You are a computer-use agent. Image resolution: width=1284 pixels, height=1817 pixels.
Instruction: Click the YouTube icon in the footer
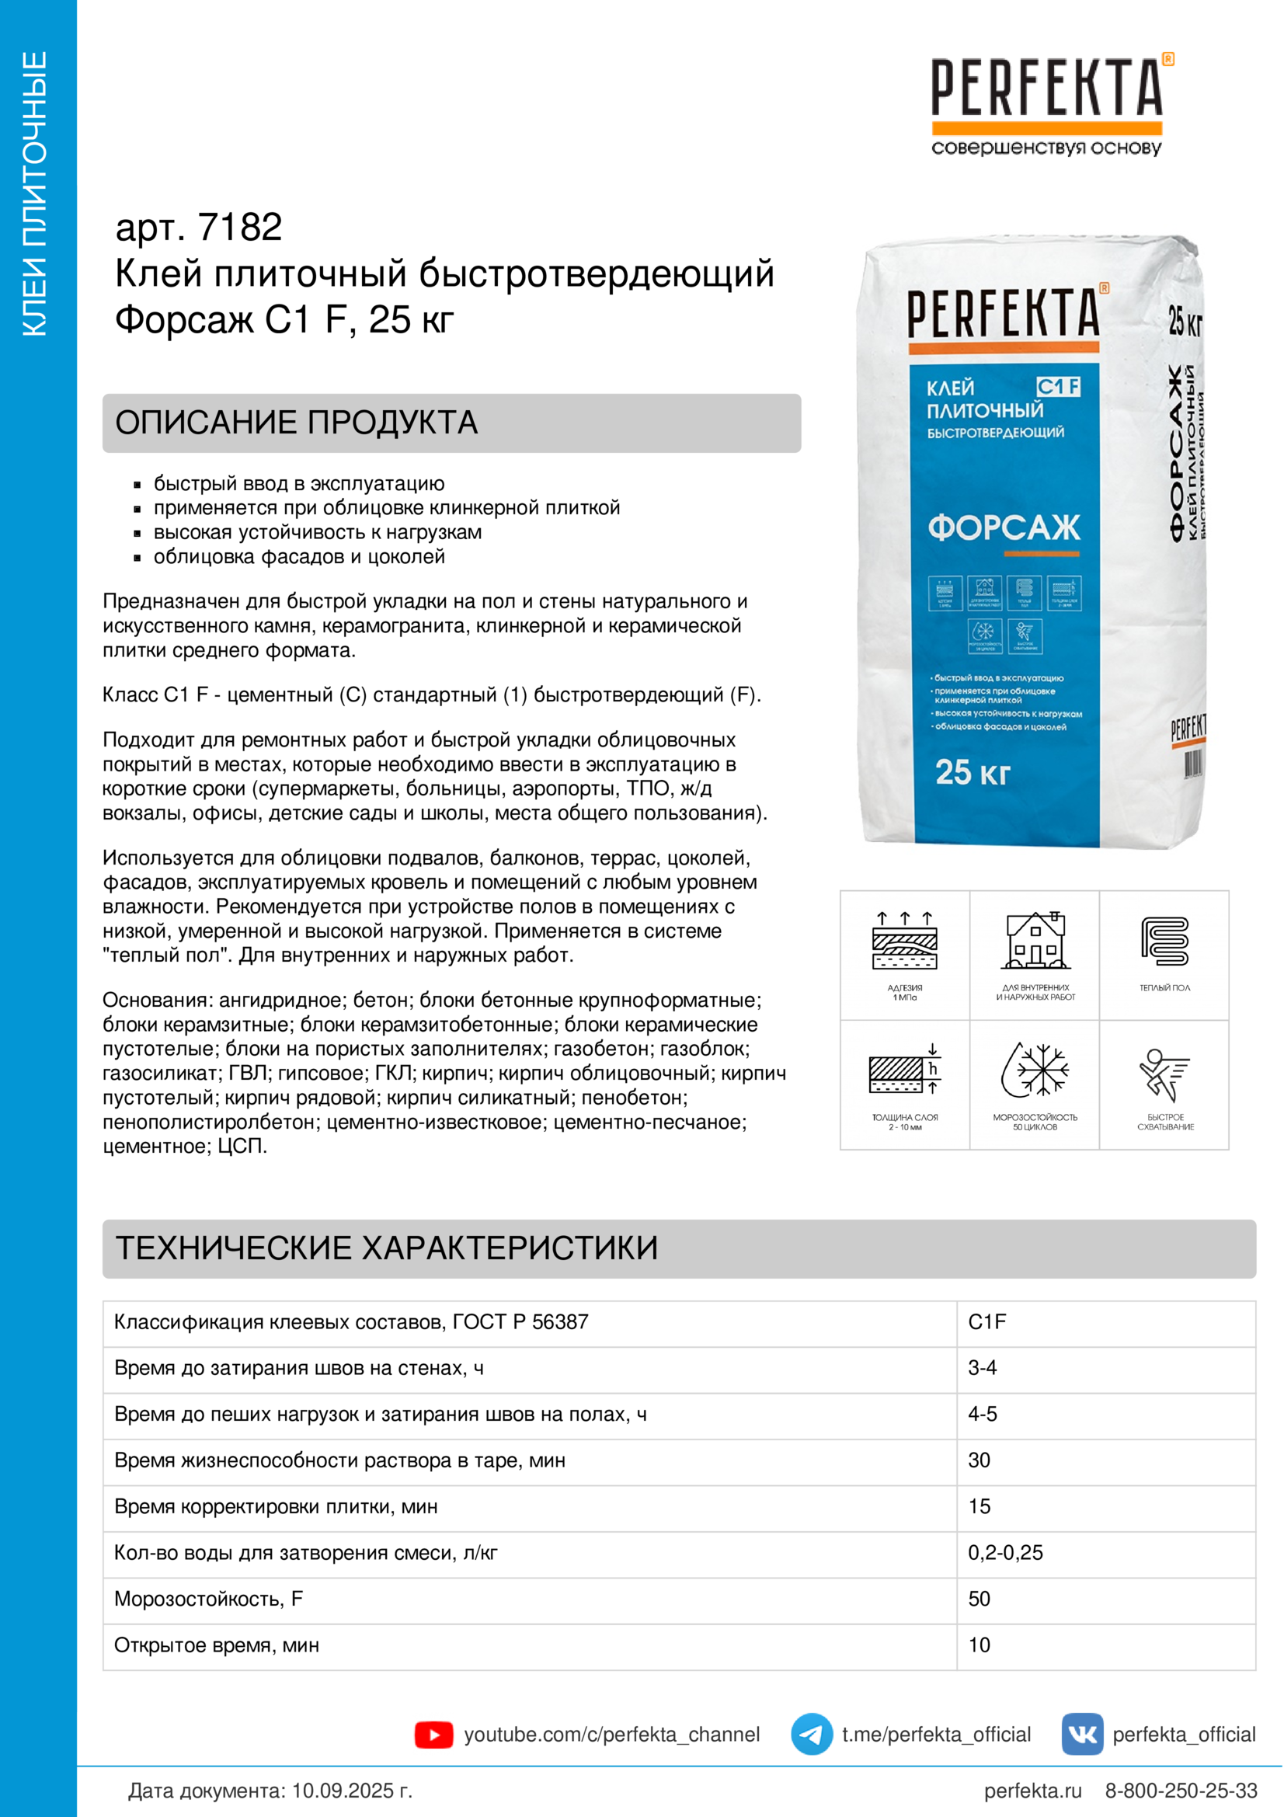tap(433, 1735)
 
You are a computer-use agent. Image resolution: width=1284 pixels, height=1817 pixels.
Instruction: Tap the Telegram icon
tap(811, 1734)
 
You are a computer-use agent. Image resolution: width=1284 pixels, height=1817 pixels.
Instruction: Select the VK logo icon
tap(1081, 1734)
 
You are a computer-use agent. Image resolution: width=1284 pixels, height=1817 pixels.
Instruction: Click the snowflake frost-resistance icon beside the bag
tap(1035, 1070)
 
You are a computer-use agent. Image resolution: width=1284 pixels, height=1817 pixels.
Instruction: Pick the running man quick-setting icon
tap(1164, 1074)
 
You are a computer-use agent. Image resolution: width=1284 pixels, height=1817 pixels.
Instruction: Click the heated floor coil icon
tap(1164, 942)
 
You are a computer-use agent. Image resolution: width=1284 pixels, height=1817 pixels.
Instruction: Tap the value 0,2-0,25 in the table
tap(1004, 1553)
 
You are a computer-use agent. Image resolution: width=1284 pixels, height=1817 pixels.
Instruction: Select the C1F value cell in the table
tap(987, 1322)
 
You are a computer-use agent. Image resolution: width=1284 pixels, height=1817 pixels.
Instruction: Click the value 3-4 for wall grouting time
tap(982, 1368)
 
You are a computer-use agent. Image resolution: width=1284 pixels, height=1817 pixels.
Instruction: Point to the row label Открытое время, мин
tap(217, 1645)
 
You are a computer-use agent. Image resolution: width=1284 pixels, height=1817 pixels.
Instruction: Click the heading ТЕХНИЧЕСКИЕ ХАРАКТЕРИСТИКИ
tap(387, 1248)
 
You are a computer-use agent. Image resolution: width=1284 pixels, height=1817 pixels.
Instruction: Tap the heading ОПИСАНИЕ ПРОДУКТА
tap(297, 423)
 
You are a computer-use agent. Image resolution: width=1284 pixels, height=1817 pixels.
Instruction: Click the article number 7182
tap(240, 228)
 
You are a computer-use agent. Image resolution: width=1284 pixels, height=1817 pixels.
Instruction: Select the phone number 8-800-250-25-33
tap(1181, 1791)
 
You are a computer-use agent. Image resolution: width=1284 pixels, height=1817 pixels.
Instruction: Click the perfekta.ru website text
tap(1032, 1791)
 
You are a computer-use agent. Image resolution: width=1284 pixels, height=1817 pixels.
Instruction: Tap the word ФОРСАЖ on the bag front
tap(1003, 527)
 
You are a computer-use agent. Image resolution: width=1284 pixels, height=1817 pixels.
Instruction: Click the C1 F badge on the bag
tap(1058, 386)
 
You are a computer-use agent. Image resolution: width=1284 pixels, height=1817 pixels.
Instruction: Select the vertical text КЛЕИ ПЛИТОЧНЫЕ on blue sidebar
tap(35, 194)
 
